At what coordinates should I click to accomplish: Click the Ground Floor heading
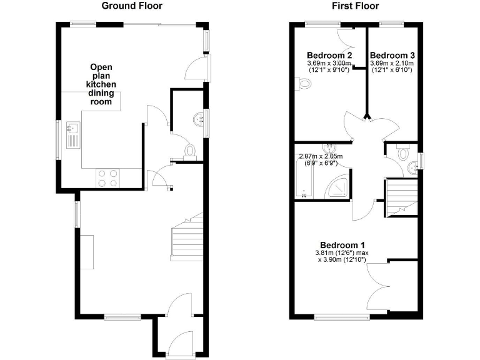click(x=132, y=6)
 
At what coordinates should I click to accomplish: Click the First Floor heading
click(x=354, y=6)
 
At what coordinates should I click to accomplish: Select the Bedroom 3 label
click(x=392, y=55)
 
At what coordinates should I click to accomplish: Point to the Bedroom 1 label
click(x=342, y=244)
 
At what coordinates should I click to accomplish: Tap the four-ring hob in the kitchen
click(x=107, y=178)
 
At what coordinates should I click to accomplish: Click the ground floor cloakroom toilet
click(x=191, y=150)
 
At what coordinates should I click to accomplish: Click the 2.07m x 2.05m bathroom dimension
click(x=321, y=156)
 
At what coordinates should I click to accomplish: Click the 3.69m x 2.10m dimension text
click(x=392, y=64)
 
